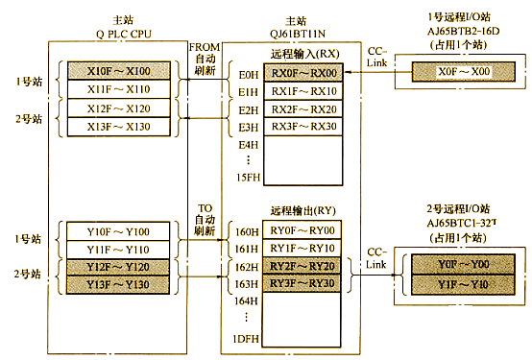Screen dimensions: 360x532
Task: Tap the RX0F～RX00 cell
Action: (x=303, y=73)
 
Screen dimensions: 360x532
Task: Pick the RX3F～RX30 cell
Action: (x=303, y=127)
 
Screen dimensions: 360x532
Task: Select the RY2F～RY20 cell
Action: (x=303, y=266)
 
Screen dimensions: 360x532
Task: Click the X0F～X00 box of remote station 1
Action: (x=463, y=72)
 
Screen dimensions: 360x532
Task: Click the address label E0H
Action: (x=249, y=73)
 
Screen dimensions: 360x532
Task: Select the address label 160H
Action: (x=247, y=230)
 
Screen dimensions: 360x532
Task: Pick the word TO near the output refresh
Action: (x=204, y=206)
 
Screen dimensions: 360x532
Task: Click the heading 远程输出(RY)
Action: (x=303, y=210)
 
